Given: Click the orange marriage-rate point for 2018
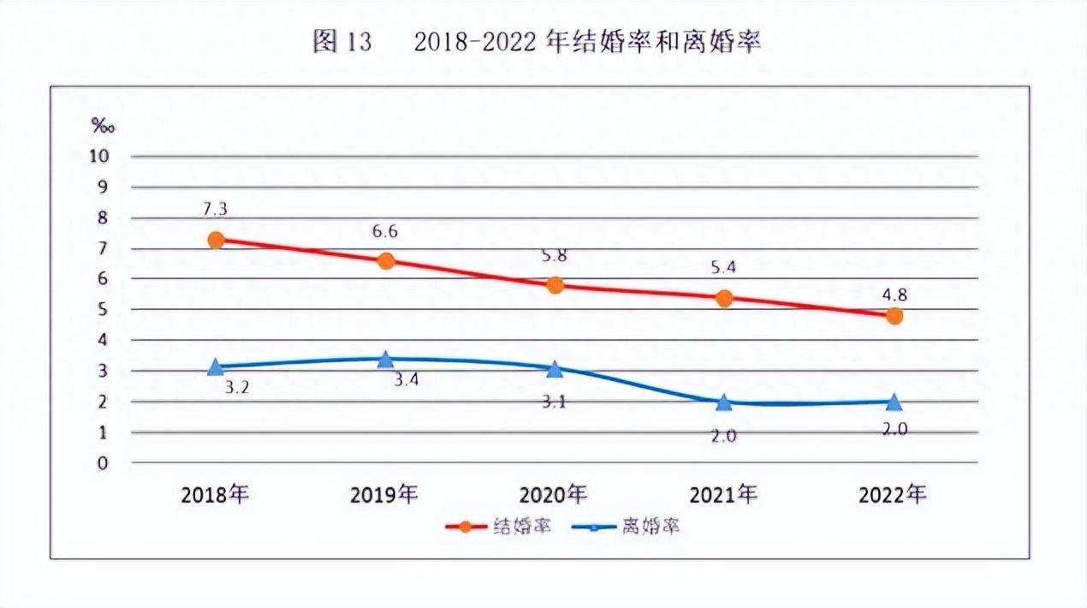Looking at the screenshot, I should pos(216,240).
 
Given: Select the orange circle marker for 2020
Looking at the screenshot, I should pos(555,284).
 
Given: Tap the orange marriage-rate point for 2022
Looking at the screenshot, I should pos(894,316).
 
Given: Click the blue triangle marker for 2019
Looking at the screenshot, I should pos(385,359).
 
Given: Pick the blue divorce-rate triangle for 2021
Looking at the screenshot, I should pos(724,402).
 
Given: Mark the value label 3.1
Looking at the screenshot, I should pos(555,400).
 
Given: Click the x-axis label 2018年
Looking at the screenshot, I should pos(215,494).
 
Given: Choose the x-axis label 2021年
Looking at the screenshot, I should pos(724,494).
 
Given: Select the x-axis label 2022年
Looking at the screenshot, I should pos(893,494).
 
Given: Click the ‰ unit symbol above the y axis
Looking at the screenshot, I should pos(104,126).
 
